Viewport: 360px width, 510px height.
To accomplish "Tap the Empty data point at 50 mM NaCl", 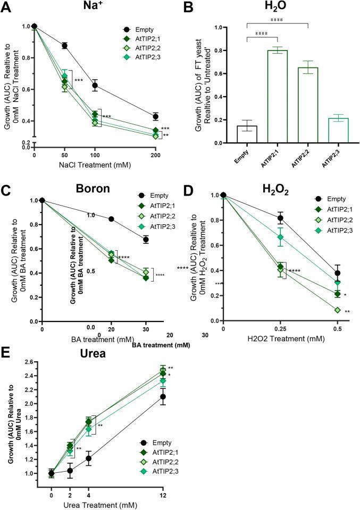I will point(64,46).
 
